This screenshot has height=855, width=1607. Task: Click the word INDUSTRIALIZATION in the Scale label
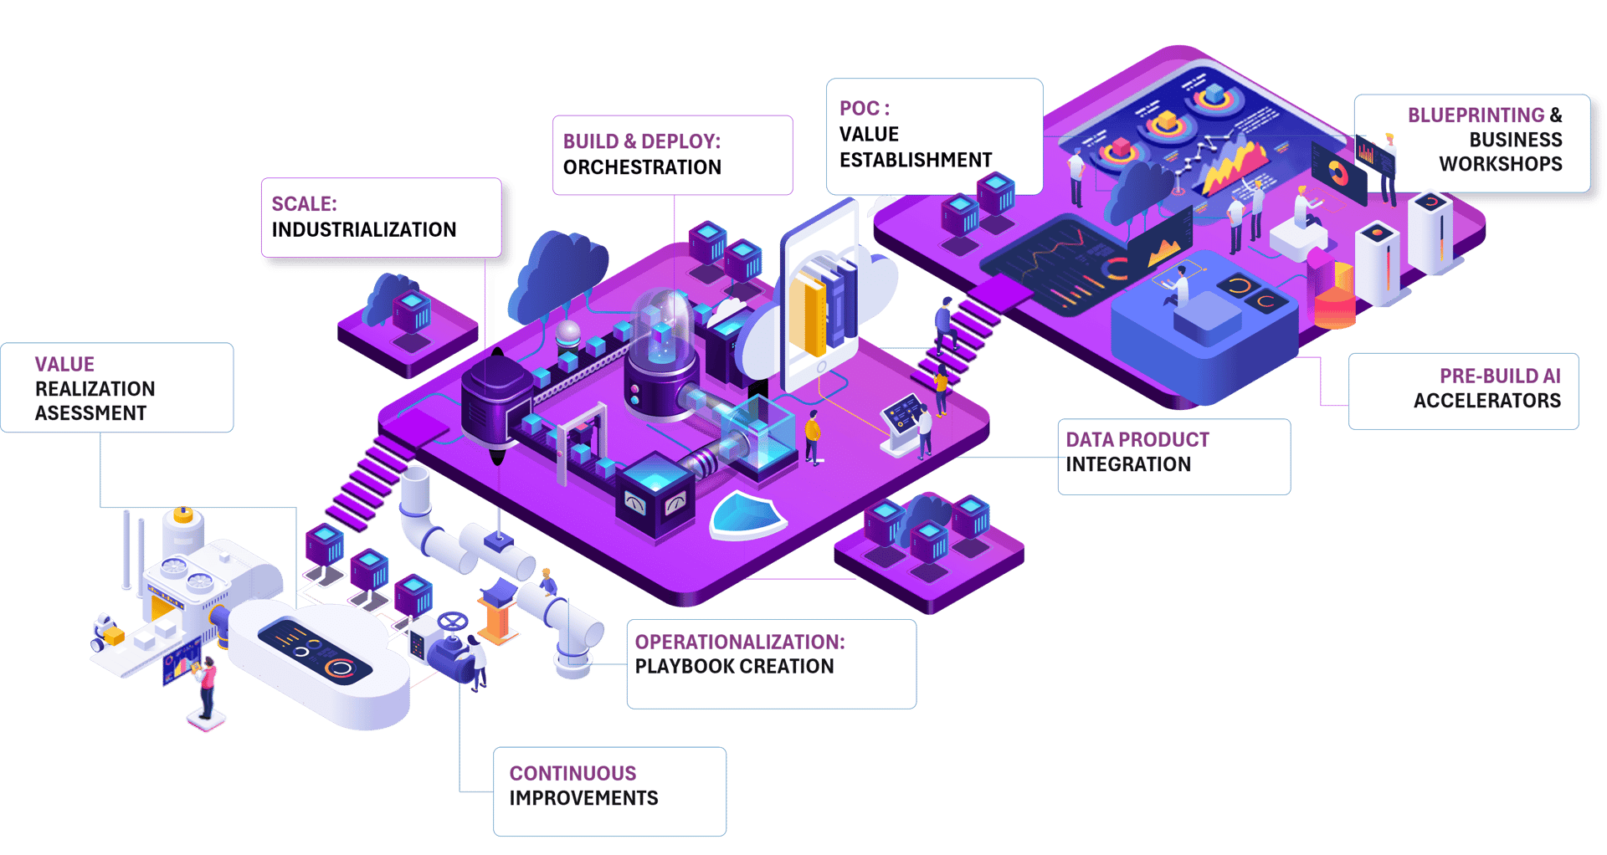coord(363,230)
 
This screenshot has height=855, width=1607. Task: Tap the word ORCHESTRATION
coord(642,167)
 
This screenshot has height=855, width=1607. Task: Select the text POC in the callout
coord(859,109)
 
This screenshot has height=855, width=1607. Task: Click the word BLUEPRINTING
coord(1476,115)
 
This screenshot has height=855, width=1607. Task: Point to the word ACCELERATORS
coord(1486,401)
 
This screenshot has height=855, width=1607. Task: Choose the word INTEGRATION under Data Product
coord(1127,464)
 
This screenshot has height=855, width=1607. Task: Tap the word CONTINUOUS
coord(572,773)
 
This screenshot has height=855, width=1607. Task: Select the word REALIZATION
coord(95,389)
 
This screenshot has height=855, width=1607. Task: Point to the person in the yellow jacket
coord(812,435)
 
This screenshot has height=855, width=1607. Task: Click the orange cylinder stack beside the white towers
coord(1335,297)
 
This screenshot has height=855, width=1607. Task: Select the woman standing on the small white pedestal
coord(207,686)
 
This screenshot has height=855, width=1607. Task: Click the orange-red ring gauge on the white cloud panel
coord(340,668)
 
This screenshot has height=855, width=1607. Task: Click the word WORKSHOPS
coord(1500,164)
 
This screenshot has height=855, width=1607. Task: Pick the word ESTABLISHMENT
coord(916,160)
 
